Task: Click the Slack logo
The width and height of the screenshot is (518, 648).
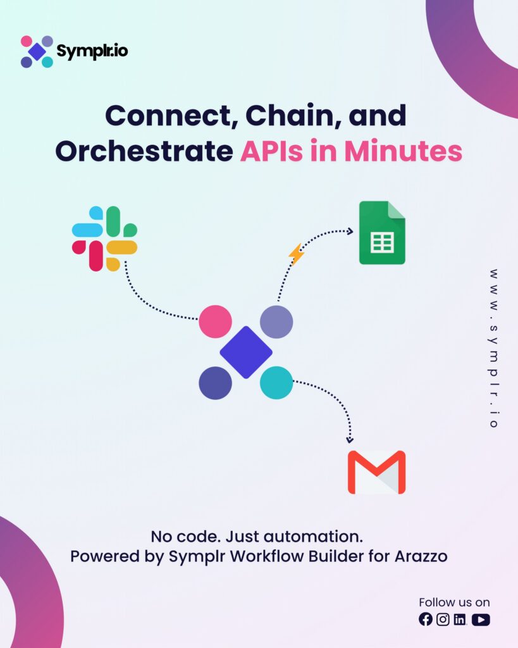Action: pos(104,239)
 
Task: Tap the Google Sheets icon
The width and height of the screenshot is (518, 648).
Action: pos(382,232)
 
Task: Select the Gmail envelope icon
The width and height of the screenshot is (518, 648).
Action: pos(376,472)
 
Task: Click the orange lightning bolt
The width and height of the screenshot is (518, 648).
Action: pos(296,254)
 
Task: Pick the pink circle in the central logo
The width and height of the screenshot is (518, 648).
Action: pos(215,321)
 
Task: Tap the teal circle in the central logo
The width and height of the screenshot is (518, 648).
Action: pos(276,382)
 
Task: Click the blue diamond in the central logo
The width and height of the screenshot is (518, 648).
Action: pos(246,352)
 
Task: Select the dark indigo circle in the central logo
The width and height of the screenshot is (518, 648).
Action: pos(215,382)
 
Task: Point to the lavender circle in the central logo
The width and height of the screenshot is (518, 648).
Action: pos(276,321)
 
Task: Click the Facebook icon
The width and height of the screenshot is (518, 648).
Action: pos(426,620)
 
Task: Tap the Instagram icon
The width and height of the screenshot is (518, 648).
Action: pos(443,620)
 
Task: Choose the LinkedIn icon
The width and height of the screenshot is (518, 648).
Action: pos(460,620)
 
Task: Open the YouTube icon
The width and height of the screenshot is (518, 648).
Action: pos(481,620)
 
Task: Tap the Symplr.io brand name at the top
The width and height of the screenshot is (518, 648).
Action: pos(92,51)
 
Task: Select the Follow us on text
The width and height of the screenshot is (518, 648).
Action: pos(454,602)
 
